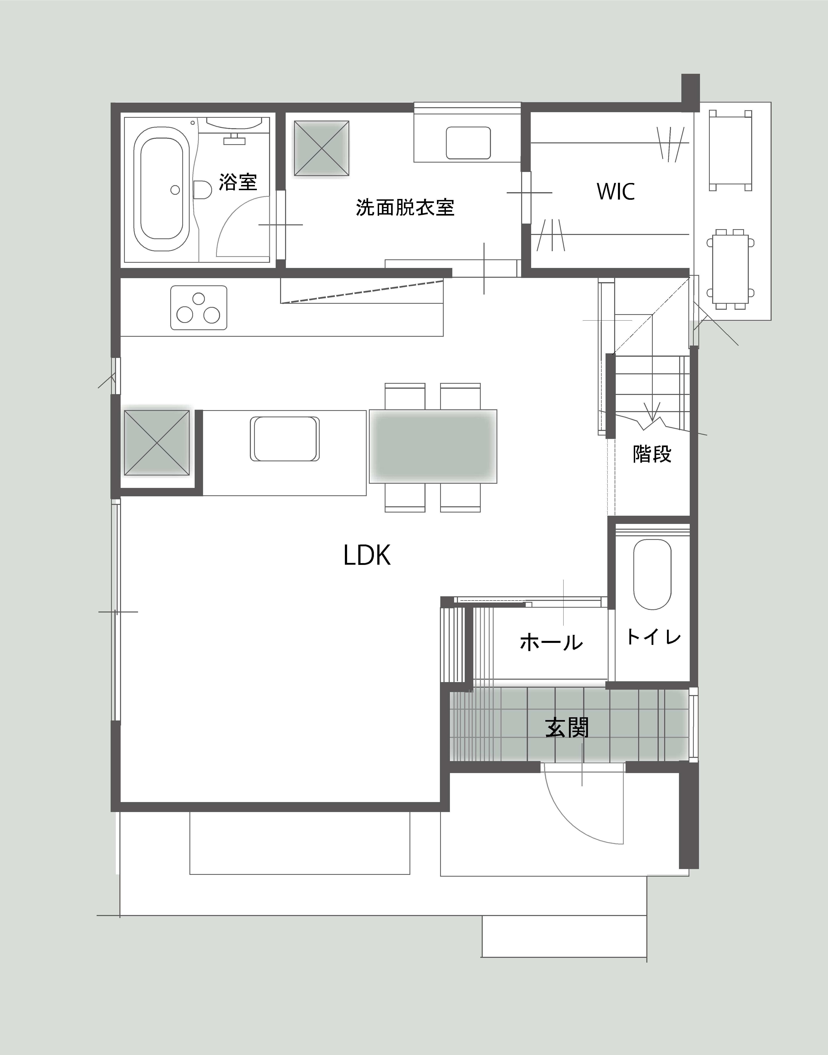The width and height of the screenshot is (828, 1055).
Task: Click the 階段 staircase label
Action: pos(652,454)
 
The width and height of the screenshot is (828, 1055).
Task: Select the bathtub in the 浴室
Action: pos(161,189)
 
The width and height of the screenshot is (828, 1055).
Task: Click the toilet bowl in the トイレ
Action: pos(652,574)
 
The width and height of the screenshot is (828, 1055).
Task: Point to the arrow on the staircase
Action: pos(652,414)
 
